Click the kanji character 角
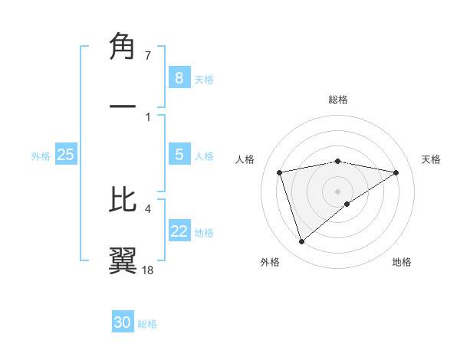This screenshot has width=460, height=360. [x=123, y=47]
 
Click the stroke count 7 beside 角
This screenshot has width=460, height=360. [x=148, y=56]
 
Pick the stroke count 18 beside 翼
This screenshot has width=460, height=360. [x=148, y=270]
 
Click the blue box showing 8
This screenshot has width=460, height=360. [x=179, y=78]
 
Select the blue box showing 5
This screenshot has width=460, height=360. [x=179, y=155]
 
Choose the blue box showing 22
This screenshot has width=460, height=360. [x=179, y=231]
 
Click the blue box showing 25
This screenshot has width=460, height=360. [x=65, y=155]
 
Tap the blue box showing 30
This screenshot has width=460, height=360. [x=123, y=322]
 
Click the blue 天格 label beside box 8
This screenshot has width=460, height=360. [x=204, y=80]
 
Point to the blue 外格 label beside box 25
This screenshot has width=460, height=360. [x=41, y=156]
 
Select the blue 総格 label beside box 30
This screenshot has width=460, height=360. [x=147, y=324]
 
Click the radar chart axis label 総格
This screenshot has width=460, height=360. [x=338, y=100]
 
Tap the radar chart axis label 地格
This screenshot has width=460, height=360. [x=402, y=263]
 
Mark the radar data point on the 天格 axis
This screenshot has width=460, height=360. [x=396, y=172]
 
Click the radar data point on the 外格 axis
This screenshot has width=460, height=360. [x=301, y=241]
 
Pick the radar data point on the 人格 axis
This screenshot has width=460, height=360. [x=280, y=172]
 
